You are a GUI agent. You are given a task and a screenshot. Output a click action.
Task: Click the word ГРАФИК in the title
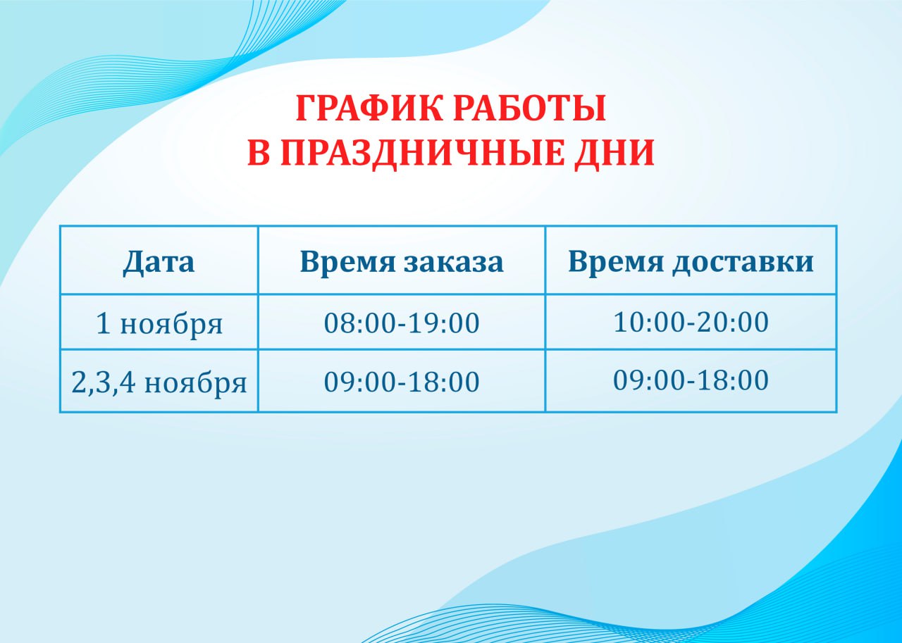tap(370, 108)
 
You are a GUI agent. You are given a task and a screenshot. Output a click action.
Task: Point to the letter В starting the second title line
tap(258, 153)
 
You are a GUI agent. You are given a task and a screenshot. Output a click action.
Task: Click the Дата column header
tap(159, 262)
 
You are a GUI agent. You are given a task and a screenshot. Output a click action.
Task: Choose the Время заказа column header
tap(402, 262)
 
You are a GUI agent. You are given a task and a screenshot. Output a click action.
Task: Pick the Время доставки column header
tap(691, 262)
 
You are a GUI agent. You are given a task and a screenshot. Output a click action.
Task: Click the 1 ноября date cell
tap(159, 323)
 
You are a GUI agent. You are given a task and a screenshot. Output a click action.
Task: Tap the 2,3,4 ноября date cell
tap(159, 382)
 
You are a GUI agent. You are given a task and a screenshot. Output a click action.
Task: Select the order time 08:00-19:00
tap(402, 323)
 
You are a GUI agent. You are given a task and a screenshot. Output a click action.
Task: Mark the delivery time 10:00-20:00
tap(691, 322)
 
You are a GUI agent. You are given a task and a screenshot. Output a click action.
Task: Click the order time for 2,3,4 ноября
tap(402, 382)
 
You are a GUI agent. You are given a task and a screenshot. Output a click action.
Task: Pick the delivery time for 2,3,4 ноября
tap(691, 380)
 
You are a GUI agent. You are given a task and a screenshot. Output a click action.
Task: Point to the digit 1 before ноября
tap(103, 323)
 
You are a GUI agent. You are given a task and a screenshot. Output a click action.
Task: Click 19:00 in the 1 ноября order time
tap(445, 323)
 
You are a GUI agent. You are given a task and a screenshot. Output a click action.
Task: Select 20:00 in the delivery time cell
tap(734, 322)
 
